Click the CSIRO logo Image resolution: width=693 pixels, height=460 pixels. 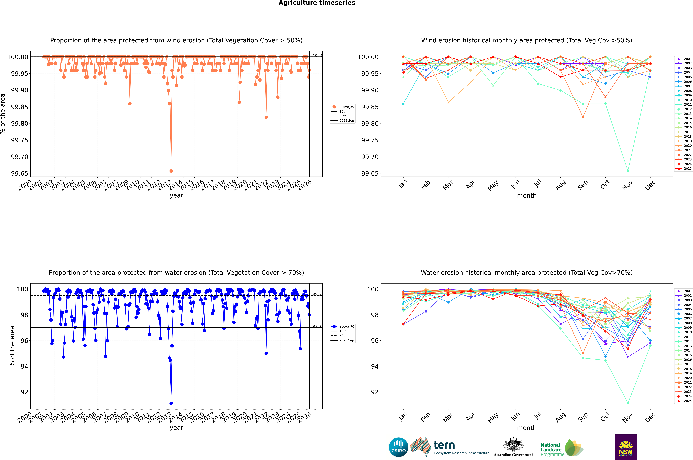[x=398, y=447]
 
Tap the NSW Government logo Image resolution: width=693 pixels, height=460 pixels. [x=626, y=447]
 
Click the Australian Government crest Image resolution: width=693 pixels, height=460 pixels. [x=513, y=444]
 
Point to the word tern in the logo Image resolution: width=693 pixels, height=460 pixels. [x=444, y=445]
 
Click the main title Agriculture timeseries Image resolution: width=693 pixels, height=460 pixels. [x=317, y=3]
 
